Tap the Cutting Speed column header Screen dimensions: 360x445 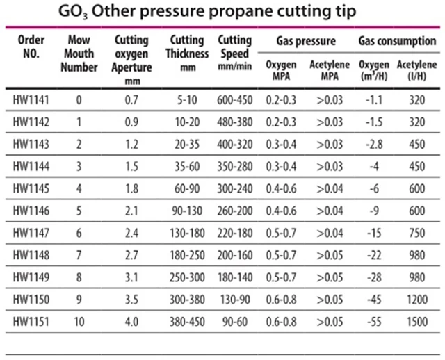tap(233, 46)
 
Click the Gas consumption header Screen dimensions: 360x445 tap(397, 41)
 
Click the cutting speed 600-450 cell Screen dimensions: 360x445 tap(233, 99)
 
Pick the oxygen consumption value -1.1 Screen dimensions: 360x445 tap(376, 99)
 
